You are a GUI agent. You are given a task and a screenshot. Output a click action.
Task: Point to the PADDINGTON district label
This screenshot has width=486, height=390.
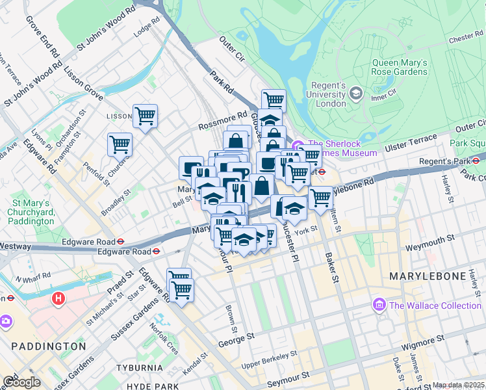(44, 346)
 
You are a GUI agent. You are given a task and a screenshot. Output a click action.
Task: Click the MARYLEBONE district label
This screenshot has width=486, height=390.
(429, 277)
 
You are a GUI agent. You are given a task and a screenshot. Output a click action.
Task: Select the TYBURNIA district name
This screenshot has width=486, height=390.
(139, 368)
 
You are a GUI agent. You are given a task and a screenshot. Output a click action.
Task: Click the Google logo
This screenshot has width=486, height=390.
(21, 382)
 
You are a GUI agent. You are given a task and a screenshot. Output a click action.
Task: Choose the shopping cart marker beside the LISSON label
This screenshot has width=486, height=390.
(145, 117)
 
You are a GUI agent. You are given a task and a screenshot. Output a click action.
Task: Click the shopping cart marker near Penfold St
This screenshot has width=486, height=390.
(120, 145)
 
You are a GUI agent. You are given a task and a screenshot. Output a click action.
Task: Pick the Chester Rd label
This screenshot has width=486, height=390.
(465, 38)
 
